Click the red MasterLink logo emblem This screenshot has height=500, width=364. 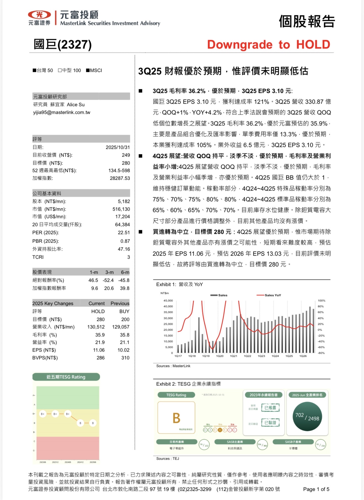[x=39, y=15]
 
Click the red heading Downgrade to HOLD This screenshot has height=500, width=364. [x=269, y=45]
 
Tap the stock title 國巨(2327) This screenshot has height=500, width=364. [x=63, y=45]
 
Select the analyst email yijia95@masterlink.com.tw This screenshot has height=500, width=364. [x=62, y=113]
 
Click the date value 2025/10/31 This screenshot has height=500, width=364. [x=118, y=147]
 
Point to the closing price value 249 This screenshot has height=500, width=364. [x=126, y=155]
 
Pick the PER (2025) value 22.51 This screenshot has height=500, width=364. [x=124, y=232]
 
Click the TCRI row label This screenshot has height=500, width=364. [x=38, y=257]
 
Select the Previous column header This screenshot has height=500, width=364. [x=120, y=303]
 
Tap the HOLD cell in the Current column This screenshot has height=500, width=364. [x=98, y=311]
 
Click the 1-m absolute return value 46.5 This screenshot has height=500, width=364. [x=93, y=280]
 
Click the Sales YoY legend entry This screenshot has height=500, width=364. [x=269, y=295]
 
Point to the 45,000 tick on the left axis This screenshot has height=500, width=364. [x=168, y=301]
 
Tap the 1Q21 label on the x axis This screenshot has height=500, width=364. [x=234, y=356]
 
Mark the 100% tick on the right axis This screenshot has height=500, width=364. [x=322, y=301]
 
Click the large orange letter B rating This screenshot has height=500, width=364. [x=176, y=418]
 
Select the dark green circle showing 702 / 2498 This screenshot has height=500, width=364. [x=307, y=416]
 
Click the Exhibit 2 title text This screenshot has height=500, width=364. [x=188, y=384]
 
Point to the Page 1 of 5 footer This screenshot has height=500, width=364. [x=316, y=489]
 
